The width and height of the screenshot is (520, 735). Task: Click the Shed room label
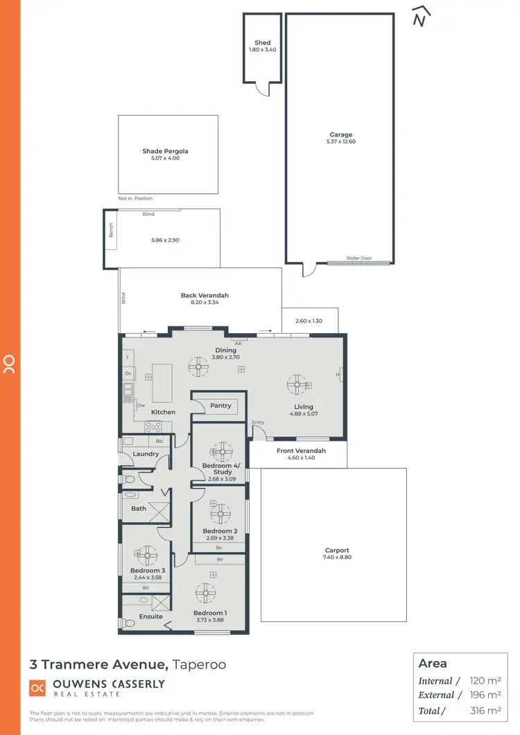[x=262, y=43]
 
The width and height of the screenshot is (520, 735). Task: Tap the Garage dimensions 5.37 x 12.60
[x=340, y=141]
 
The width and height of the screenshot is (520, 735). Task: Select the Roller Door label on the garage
[x=359, y=258]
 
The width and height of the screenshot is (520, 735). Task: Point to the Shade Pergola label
[x=165, y=151]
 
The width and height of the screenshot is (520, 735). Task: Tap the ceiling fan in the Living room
[x=298, y=384]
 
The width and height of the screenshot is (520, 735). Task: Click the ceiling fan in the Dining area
[x=200, y=368]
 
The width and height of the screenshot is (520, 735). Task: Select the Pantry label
[x=220, y=406]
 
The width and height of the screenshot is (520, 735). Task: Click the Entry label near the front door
[x=258, y=423]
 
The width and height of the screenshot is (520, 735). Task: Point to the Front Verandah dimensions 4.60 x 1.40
[x=301, y=459]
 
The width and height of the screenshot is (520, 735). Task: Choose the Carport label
[x=336, y=551]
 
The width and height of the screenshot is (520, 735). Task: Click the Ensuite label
[x=150, y=617]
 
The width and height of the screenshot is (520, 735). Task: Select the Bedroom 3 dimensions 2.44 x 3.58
[x=146, y=577]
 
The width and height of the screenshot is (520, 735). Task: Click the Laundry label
[x=146, y=454]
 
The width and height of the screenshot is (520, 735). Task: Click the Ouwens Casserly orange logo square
[x=37, y=688]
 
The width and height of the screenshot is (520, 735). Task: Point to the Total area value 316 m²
[x=485, y=710]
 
